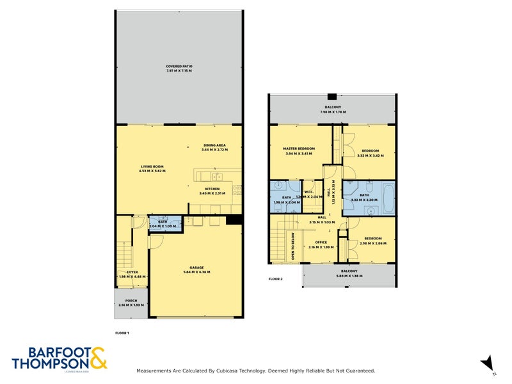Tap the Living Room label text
pyautogui.click(x=153, y=169)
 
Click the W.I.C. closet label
pyautogui.click(x=308, y=193)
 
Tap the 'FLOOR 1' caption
pyautogui.click(x=122, y=333)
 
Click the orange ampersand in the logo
pyautogui.click(x=98, y=358)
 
